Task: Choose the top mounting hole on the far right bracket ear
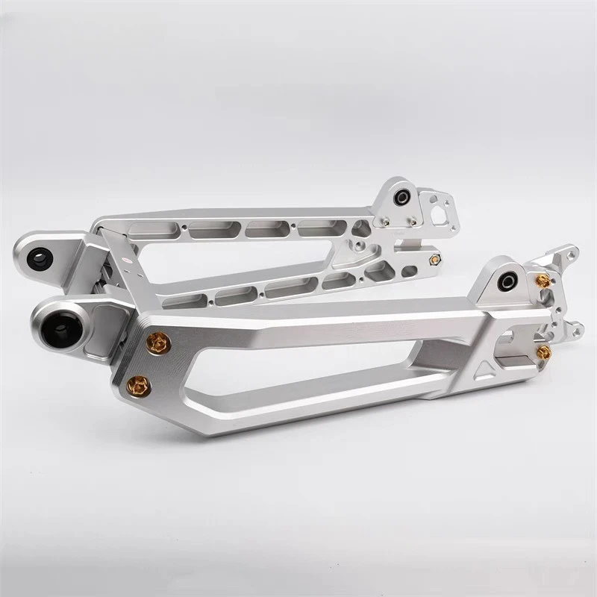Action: click(x=571, y=254)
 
